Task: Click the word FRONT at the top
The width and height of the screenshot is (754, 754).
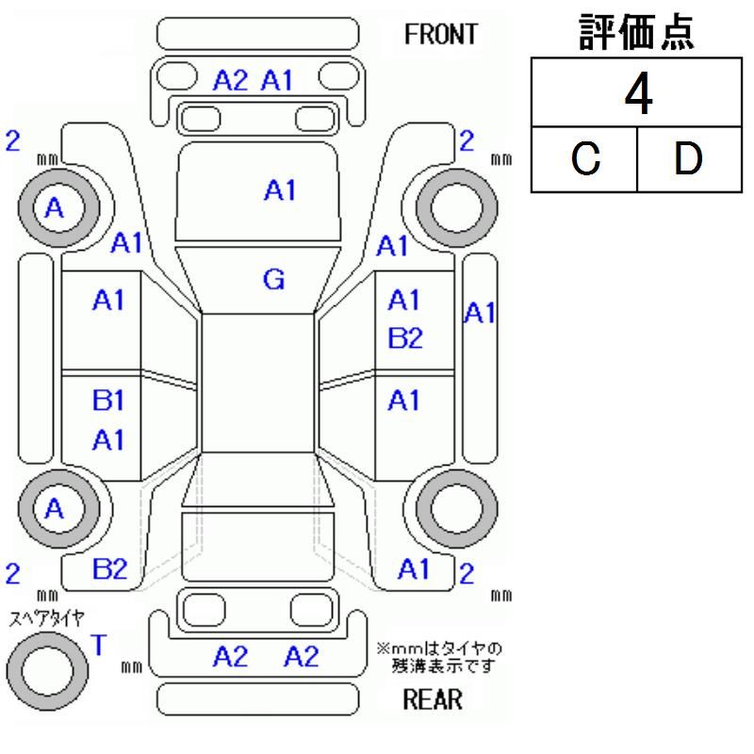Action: [440, 35]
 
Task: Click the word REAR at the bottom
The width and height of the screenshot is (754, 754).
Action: [433, 699]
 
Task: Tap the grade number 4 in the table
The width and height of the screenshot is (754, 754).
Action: [640, 95]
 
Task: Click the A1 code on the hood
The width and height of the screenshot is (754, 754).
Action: [280, 190]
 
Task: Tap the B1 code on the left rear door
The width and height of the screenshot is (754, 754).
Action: [108, 401]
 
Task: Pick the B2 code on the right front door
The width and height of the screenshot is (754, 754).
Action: [405, 339]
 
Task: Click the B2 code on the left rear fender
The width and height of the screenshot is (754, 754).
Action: [110, 568]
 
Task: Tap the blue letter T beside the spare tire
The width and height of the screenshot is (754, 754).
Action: [99, 645]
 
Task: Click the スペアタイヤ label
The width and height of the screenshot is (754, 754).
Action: [46, 618]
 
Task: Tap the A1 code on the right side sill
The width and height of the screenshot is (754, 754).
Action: [480, 313]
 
